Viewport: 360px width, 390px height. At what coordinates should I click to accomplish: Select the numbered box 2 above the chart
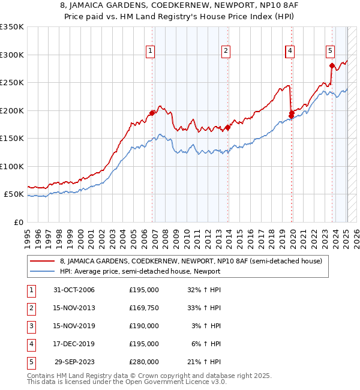(x=226, y=51)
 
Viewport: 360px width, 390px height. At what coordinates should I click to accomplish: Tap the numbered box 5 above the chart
(x=330, y=51)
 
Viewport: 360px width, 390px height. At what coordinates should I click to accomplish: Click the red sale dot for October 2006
(x=152, y=113)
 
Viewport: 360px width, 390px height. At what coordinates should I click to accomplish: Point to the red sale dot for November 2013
(x=228, y=127)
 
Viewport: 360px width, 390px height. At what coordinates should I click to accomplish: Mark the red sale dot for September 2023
(x=332, y=65)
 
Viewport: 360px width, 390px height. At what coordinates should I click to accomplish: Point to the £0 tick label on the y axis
(x=17, y=223)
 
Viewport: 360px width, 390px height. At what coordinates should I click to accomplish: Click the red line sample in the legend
(x=41, y=261)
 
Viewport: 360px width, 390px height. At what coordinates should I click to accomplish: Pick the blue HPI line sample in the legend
(x=41, y=271)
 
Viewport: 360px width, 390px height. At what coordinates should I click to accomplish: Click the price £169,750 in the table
(x=144, y=308)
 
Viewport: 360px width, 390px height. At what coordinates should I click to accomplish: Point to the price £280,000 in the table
(x=144, y=362)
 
